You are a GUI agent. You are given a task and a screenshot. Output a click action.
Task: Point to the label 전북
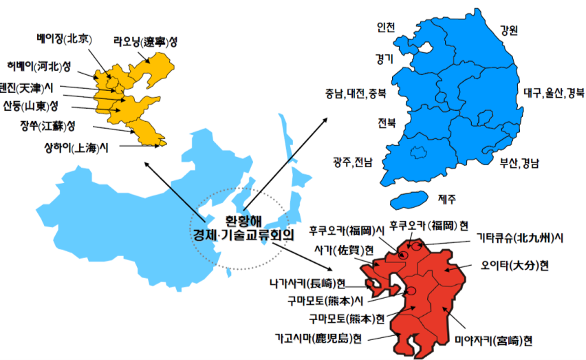click(x=386, y=124)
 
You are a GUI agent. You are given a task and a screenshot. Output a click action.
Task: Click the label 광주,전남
click(x=353, y=162)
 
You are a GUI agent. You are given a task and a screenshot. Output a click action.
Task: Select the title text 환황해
click(x=244, y=221)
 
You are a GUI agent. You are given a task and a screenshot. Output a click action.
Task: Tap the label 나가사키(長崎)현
click(x=307, y=282)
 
